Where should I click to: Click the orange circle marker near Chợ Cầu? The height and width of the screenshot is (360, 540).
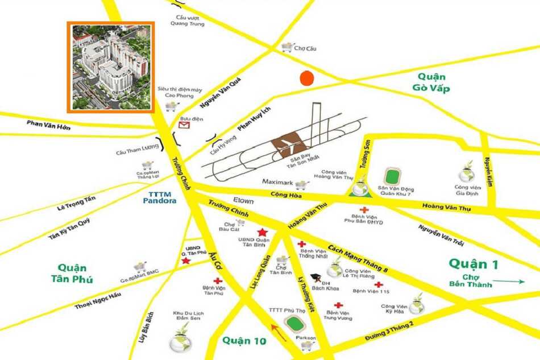(x=306, y=78)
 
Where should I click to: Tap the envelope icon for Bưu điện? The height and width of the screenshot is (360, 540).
(x=183, y=127)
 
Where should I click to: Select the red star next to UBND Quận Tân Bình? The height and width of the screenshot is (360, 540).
(x=262, y=232)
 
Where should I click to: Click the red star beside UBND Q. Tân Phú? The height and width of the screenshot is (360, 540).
(x=185, y=261)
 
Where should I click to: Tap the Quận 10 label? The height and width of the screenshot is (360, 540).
(x=244, y=341)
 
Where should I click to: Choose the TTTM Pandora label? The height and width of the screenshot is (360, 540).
(x=160, y=197)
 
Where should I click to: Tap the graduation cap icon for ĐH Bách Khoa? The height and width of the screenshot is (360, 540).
(x=313, y=280)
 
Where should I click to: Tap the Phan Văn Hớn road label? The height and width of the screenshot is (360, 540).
(x=49, y=125)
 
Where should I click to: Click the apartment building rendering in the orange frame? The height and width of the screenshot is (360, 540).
(x=110, y=67)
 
